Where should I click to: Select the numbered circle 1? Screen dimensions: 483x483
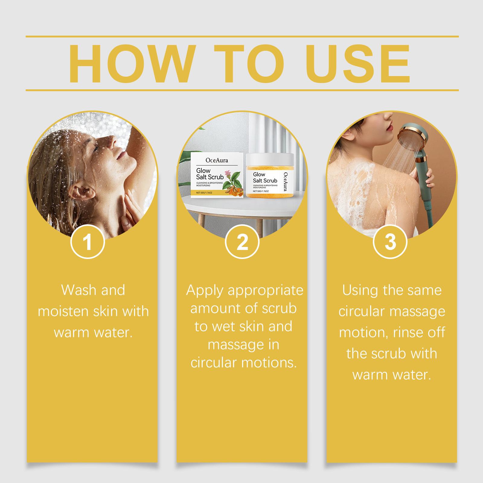pos(88,242)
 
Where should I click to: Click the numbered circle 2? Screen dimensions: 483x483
pos(242,242)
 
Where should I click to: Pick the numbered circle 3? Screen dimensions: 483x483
pos(390,242)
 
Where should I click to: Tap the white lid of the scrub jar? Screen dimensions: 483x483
pos(270,158)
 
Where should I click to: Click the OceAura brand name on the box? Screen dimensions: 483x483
pos(217,160)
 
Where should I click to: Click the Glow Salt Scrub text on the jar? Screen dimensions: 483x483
pos(265,178)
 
